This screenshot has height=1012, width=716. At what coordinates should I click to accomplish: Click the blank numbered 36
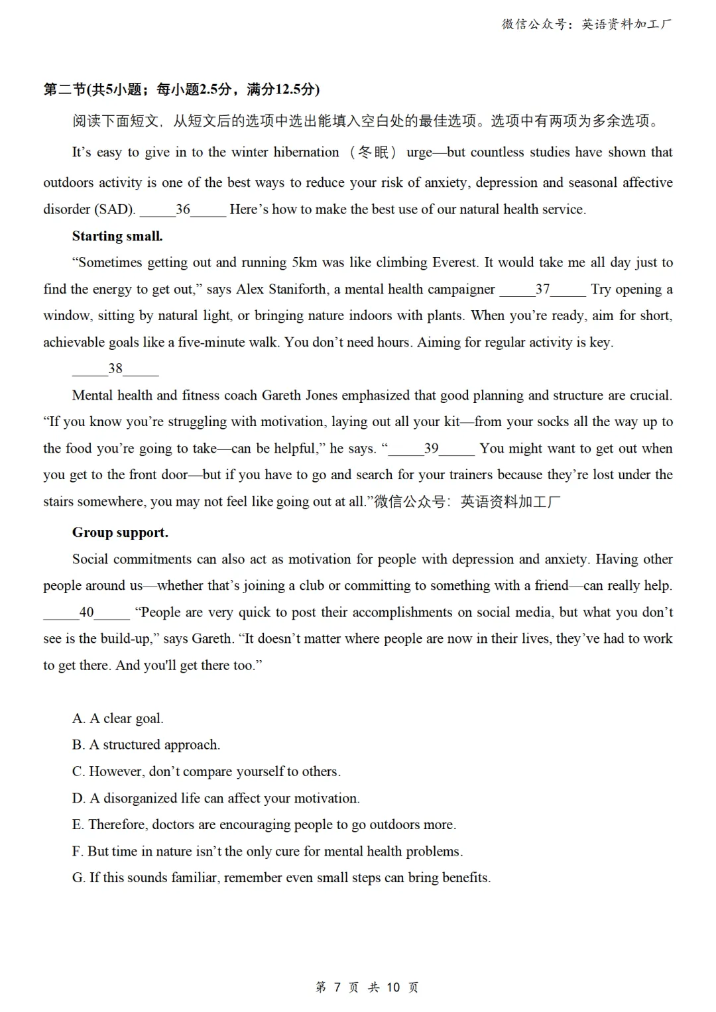pyautogui.click(x=182, y=209)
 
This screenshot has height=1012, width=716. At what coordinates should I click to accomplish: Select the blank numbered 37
pyautogui.click(x=542, y=289)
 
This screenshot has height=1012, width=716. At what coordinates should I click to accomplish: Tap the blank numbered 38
pyautogui.click(x=115, y=368)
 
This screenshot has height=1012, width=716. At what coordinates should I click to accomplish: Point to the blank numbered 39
pyautogui.click(x=431, y=448)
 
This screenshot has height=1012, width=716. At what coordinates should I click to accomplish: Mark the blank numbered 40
pyautogui.click(x=86, y=612)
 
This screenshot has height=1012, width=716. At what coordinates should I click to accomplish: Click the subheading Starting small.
pyautogui.click(x=117, y=236)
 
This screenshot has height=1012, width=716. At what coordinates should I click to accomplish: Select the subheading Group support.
pyautogui.click(x=120, y=532)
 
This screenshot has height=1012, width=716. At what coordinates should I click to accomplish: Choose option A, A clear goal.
pyautogui.click(x=118, y=718)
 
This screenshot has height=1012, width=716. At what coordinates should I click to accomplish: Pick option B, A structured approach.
pyautogui.click(x=146, y=745)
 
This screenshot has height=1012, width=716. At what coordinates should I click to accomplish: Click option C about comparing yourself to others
pyautogui.click(x=206, y=771)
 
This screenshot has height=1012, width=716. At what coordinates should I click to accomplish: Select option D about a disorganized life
pyautogui.click(x=215, y=798)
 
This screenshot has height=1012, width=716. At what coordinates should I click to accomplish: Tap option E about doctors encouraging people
pyautogui.click(x=264, y=824)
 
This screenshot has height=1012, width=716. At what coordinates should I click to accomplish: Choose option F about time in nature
pyautogui.click(x=267, y=851)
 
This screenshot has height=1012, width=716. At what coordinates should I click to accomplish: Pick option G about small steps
pyautogui.click(x=281, y=877)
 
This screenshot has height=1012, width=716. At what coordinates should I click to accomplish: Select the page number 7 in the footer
pyautogui.click(x=337, y=987)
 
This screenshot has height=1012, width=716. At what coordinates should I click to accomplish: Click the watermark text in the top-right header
pyautogui.click(x=587, y=25)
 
